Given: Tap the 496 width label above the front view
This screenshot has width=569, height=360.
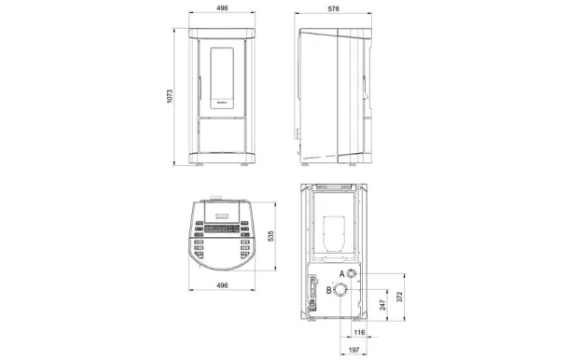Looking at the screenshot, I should (222, 9).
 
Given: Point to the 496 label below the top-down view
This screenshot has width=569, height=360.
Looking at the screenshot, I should (222, 285).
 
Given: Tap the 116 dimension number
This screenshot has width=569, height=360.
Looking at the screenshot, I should (360, 332).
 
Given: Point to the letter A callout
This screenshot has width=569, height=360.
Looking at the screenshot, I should (341, 272).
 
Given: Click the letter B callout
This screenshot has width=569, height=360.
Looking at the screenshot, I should (329, 290).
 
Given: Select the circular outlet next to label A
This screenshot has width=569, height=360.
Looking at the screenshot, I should (354, 274).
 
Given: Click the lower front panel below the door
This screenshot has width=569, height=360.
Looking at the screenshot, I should (222, 136).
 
